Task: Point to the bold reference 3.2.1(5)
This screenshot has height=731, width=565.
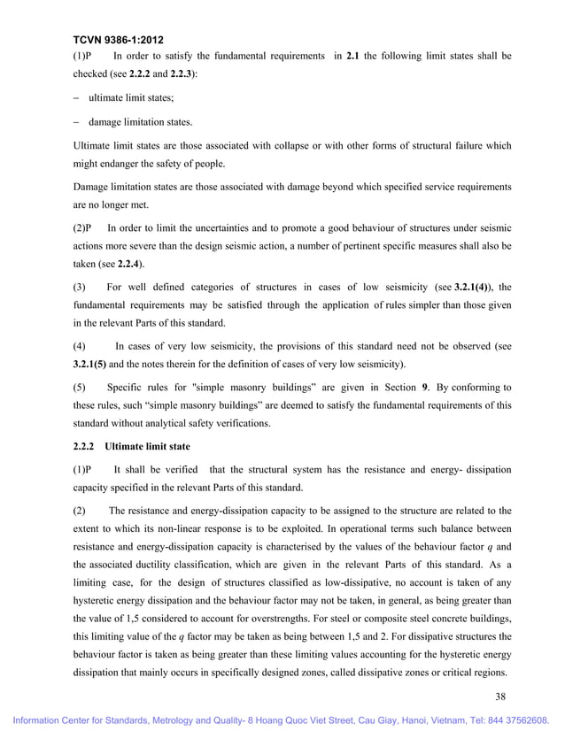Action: (x=89, y=364)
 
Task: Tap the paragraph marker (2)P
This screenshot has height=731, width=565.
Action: (x=82, y=227)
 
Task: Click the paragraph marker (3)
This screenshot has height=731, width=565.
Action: (x=79, y=288)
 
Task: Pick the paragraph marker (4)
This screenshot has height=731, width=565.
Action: (x=79, y=346)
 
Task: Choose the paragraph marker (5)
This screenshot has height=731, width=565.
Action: (x=79, y=387)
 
